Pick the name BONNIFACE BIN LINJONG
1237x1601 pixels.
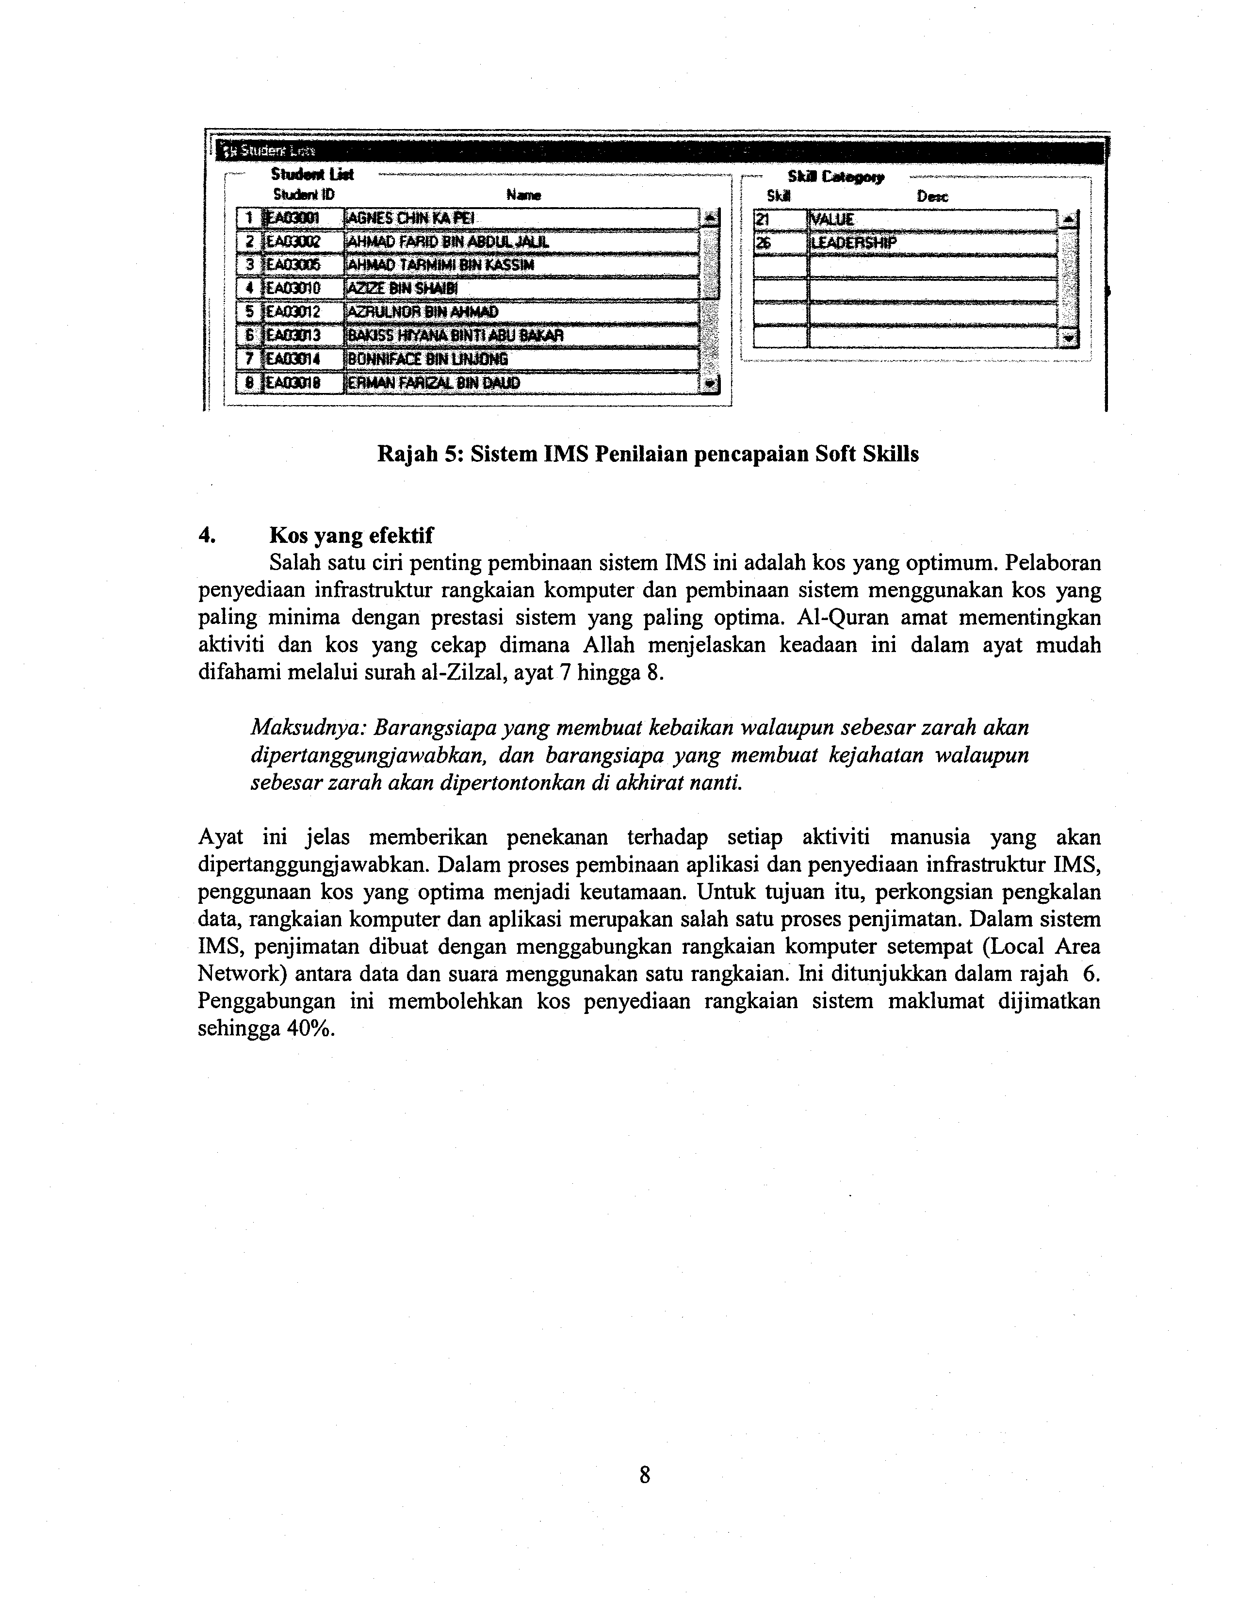point(428,359)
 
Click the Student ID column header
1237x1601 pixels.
point(303,195)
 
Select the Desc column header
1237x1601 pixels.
point(932,196)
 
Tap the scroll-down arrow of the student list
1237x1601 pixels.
point(709,383)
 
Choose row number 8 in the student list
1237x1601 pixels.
point(250,383)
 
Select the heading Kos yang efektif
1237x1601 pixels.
point(351,536)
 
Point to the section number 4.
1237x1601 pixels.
point(205,536)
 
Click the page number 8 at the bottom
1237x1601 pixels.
point(645,1474)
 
